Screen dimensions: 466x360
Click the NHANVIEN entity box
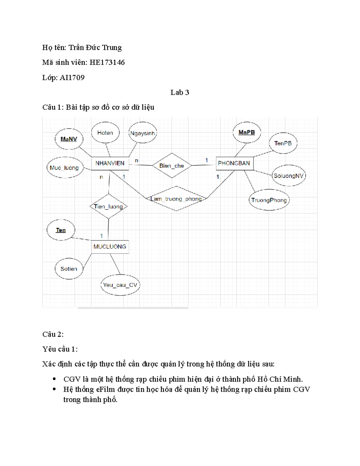coord(110,163)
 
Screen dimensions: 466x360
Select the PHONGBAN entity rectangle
coord(234,163)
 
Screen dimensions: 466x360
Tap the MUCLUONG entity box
coord(110,247)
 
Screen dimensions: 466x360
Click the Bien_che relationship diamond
coord(172,166)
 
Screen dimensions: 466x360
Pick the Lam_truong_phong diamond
coord(176,199)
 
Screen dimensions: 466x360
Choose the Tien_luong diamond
coord(108,206)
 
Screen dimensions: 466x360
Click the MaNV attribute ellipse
coord(69,139)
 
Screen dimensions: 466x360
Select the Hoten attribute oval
coord(105,133)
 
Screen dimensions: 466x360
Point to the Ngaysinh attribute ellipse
coord(142,133)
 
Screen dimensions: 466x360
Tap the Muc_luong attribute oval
coord(64,168)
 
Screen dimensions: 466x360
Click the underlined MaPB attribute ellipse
coord(247,132)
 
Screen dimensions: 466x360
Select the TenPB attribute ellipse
coord(283,143)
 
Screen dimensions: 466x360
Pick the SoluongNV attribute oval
coord(288,176)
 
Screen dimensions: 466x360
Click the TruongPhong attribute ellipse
coord(269,200)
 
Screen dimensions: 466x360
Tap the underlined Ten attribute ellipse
coord(61,230)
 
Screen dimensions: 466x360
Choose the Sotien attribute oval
coord(69,269)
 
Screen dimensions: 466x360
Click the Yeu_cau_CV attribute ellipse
coord(120,285)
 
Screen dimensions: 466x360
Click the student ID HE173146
coord(107,62)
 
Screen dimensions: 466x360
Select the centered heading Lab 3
coord(180,92)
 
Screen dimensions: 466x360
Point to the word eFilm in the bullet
coord(106,389)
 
